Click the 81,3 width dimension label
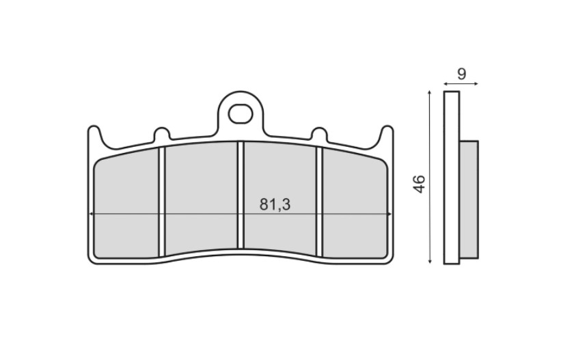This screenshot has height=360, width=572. (275, 205)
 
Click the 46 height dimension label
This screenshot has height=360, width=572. (420, 184)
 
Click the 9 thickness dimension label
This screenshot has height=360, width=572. (461, 74)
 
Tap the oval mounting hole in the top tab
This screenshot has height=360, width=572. (241, 114)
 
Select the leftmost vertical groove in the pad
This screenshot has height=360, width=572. (163, 202)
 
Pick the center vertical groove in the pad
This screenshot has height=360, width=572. (241, 195)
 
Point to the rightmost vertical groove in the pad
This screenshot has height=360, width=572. (319, 202)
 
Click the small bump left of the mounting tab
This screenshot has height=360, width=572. (161, 133)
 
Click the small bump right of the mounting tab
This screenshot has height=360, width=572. (320, 133)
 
